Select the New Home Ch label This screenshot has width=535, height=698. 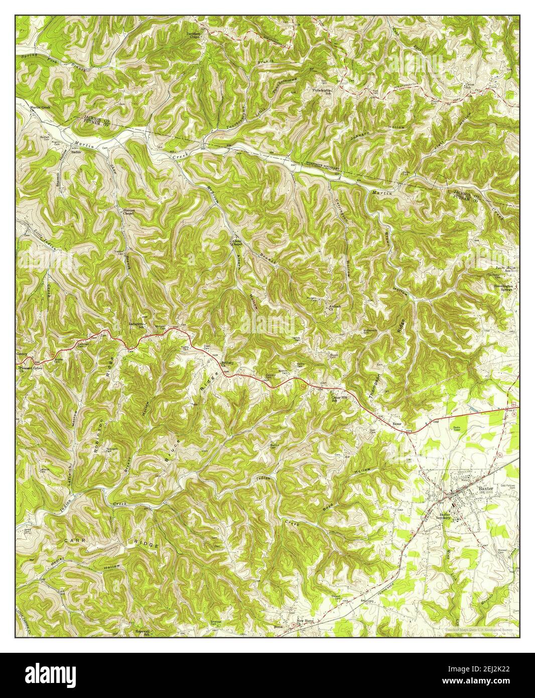click(x=305, y=622)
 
